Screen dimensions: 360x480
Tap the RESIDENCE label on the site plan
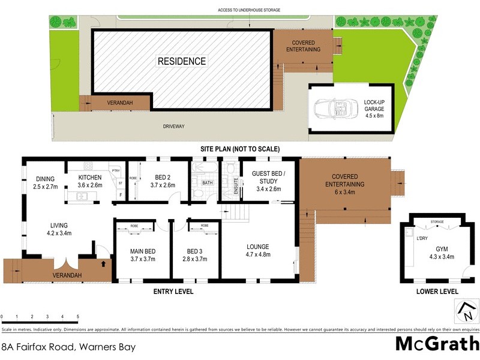point(181,61)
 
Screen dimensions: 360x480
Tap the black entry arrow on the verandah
point(106,263)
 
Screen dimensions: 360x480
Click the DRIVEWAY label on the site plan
point(173,127)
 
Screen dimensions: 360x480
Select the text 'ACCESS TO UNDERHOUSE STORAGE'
point(248,10)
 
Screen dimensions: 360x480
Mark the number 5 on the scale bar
point(77,316)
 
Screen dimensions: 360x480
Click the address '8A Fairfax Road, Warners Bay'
point(68,347)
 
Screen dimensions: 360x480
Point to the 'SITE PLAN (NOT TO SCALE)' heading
point(240,149)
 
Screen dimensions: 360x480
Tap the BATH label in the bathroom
point(207,182)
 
